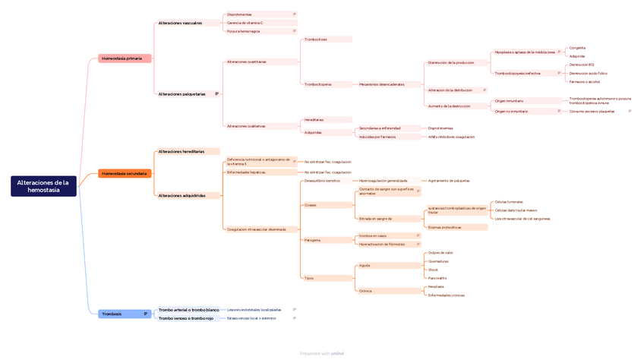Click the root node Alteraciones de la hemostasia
tap(43, 186)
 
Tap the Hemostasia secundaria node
tap(125, 173)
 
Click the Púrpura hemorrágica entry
tap(243, 31)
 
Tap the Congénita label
tap(577, 48)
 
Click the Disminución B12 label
tap(581, 65)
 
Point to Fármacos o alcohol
tap(584, 81)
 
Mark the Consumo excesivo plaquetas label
tap(592, 111)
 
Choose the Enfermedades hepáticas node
tap(246, 172)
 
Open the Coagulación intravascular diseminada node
tap(256, 229)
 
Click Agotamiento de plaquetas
tap(449, 181)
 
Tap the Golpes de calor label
tap(440, 252)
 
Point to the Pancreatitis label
tap(437, 278)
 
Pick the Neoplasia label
tap(436, 286)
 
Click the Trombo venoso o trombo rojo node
tap(186, 318)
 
